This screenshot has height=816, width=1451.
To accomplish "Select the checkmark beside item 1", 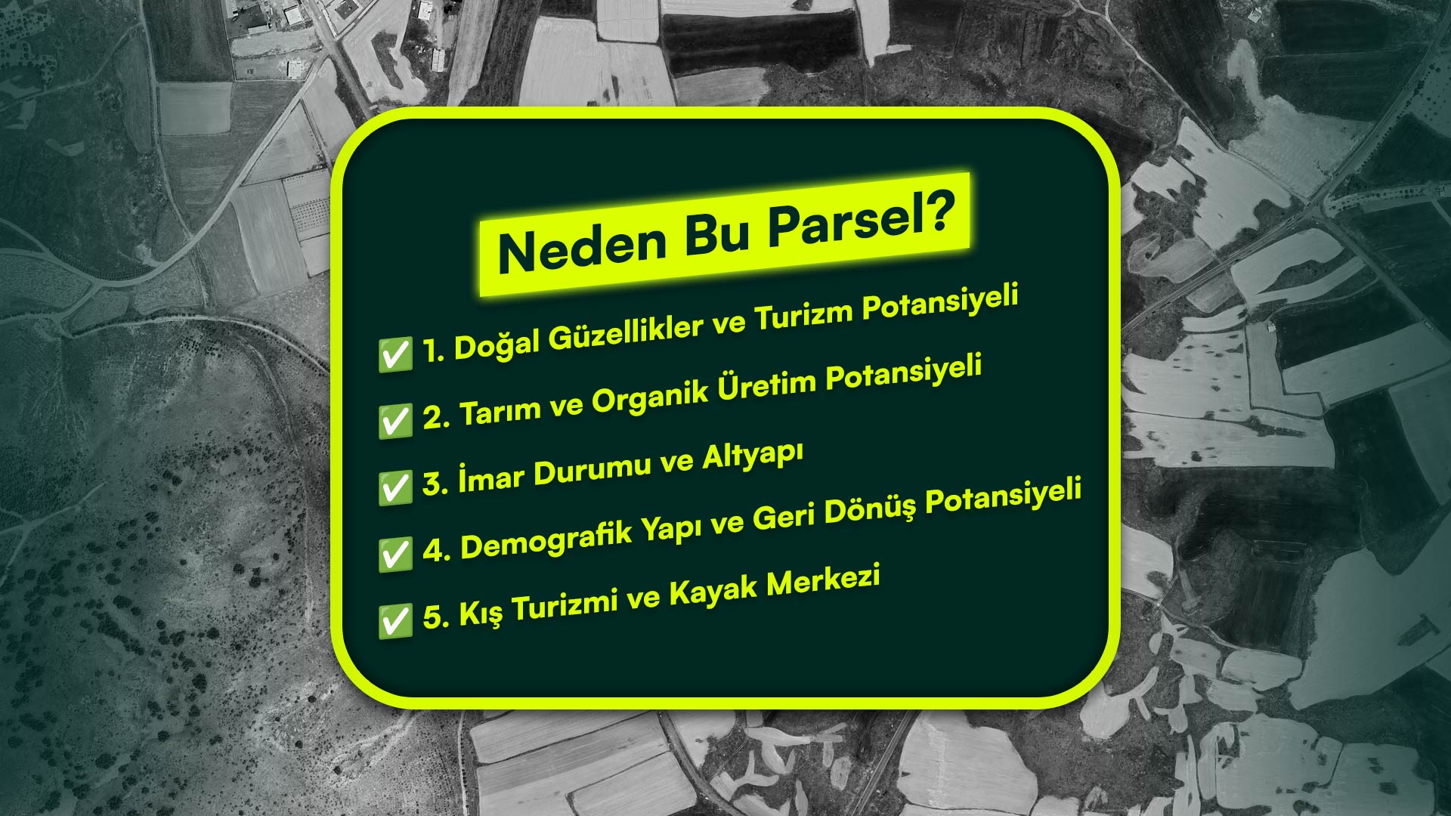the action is (395, 354).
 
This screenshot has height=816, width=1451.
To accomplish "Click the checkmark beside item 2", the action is (395, 421).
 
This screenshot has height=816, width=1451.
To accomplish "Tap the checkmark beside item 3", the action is (395, 487).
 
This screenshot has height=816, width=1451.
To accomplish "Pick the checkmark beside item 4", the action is (395, 554).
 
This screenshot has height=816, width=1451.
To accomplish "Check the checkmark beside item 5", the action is (395, 620).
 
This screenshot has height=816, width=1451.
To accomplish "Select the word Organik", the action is (650, 396).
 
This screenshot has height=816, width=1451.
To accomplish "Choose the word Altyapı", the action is (753, 457).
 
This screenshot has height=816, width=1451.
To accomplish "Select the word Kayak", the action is (713, 590).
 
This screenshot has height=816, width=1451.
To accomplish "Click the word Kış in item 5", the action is (481, 613).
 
